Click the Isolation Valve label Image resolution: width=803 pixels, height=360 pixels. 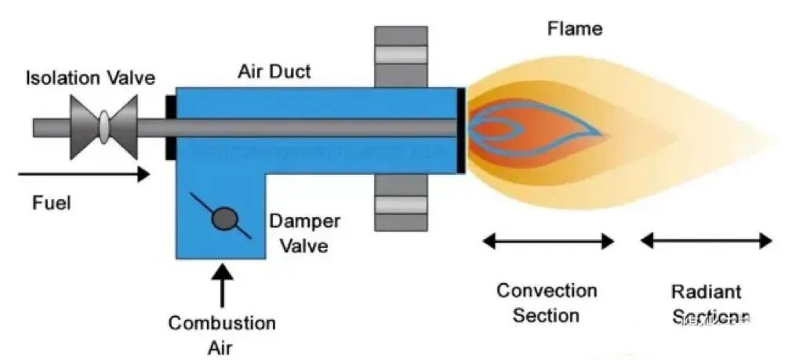pyautogui.click(x=89, y=78)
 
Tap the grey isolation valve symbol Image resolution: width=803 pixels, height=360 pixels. pyautogui.click(x=104, y=127)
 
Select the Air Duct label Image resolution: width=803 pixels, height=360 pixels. pyautogui.click(x=274, y=72)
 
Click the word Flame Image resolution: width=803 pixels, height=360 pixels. pyautogui.click(x=574, y=29)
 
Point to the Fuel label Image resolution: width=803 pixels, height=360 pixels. pyautogui.click(x=51, y=203)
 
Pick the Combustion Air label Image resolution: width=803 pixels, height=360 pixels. pyautogui.click(x=222, y=333)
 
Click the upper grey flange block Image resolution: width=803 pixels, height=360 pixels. pyautogui.click(x=400, y=56)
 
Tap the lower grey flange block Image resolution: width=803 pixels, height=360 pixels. pyautogui.click(x=400, y=202)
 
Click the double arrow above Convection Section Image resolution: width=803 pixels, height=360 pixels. pyautogui.click(x=548, y=241)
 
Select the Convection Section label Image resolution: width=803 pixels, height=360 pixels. pyautogui.click(x=547, y=303)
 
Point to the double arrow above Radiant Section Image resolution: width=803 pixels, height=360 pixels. pyautogui.click(x=706, y=241)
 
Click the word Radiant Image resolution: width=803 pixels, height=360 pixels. pyautogui.click(x=706, y=292)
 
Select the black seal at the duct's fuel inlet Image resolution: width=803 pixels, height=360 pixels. pyautogui.click(x=169, y=127)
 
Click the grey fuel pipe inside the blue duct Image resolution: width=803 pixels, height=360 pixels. pyautogui.click(x=314, y=128)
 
